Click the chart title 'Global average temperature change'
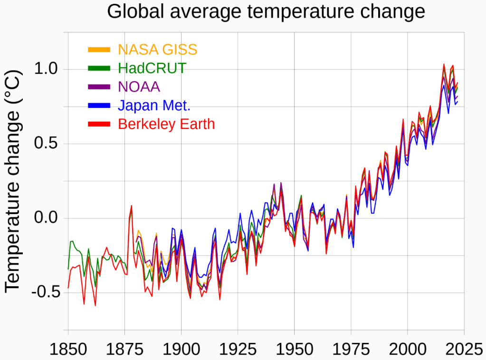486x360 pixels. [266, 11]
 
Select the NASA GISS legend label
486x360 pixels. [157, 49]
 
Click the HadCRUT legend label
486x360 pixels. [152, 68]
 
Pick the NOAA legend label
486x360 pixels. [139, 87]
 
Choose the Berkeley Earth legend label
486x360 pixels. [166, 124]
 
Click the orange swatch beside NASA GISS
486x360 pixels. [99, 49]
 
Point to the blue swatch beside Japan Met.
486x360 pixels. [99, 105]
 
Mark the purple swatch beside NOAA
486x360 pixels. [99, 87]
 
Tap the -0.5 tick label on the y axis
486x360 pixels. [44, 292]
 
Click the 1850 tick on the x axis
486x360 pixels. [68, 350]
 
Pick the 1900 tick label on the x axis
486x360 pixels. [181, 350]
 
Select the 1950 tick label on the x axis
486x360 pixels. [294, 350]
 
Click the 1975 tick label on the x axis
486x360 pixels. [351, 350]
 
